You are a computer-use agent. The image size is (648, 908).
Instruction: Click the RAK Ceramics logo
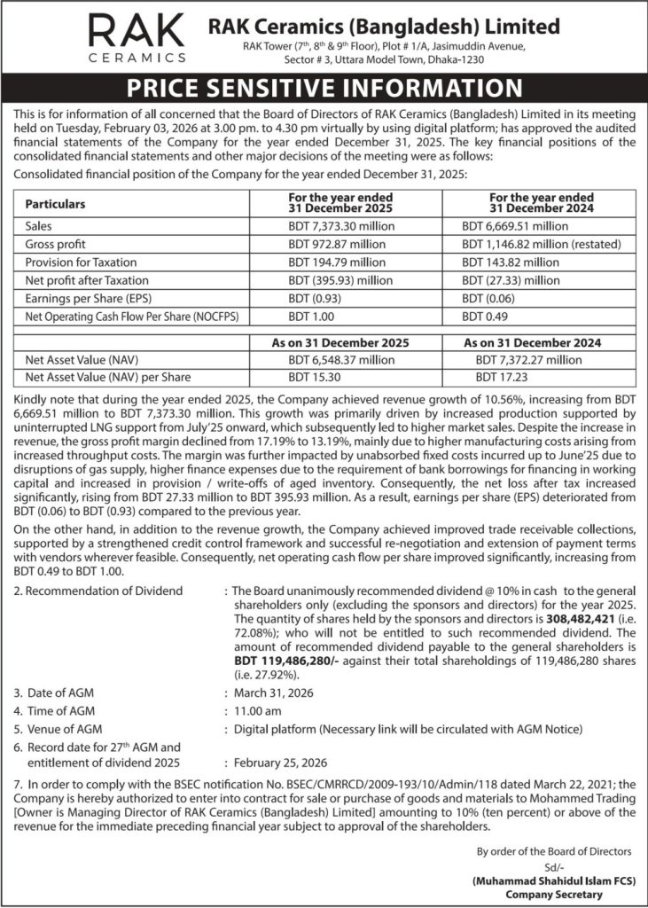(137, 37)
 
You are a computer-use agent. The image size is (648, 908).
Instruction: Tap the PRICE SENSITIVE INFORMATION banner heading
(324, 89)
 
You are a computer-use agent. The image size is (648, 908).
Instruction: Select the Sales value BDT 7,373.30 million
(342, 226)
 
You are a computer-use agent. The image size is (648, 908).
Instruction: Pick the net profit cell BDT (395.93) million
(340, 280)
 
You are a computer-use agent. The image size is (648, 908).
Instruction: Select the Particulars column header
(60, 203)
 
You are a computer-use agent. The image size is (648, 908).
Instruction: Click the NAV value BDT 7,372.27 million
(528, 360)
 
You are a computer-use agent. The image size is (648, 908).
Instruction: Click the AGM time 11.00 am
(259, 710)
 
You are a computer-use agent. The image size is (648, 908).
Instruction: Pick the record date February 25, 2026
(279, 763)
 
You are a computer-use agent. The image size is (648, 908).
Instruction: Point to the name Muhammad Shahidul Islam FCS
(542, 881)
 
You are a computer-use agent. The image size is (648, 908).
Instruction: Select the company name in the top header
(383, 26)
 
